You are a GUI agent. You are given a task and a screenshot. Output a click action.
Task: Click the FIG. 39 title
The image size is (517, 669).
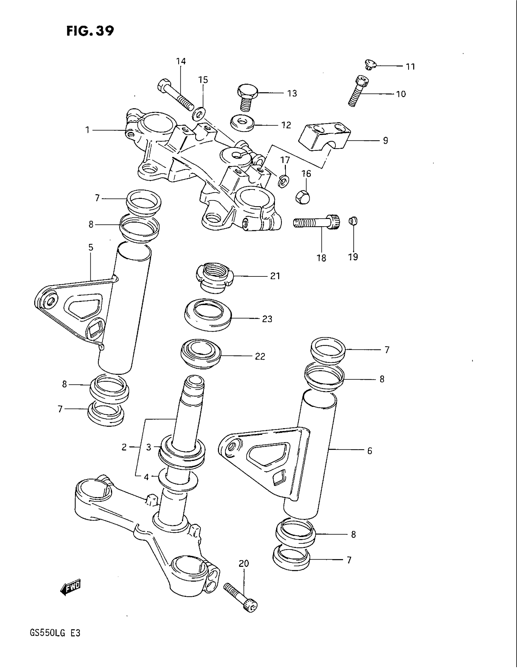click(90, 31)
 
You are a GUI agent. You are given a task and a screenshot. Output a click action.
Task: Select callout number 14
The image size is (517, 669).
click(181, 61)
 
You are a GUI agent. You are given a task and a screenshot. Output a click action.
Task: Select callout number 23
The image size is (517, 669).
click(267, 319)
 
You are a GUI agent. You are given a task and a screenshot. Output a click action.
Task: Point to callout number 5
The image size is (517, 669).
click(91, 248)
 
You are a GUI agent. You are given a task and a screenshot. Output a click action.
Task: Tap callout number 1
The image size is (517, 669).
click(87, 130)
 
